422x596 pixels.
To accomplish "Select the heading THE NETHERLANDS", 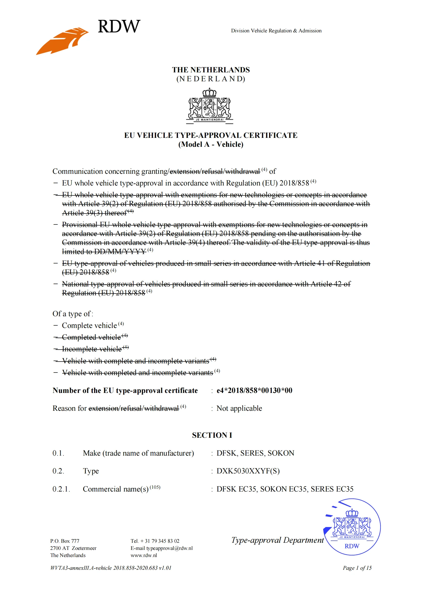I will point(211,70).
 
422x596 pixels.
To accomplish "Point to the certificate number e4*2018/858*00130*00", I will point(254,390).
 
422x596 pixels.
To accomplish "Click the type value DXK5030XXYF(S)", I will point(248,471).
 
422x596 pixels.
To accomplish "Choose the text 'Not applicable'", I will point(239,408).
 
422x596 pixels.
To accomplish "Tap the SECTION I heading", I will point(212,435).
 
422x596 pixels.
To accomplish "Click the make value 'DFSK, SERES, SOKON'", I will point(255,453).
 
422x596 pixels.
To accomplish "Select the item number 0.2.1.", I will point(61,489).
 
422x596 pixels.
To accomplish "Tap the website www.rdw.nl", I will point(144,555).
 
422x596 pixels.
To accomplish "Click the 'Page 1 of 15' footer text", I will point(357,568).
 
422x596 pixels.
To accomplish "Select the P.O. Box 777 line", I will point(65,541).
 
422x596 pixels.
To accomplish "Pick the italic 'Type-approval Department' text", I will point(277,540).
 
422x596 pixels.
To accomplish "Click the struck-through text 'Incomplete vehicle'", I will point(92,349).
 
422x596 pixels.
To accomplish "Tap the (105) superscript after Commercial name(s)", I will point(155,487).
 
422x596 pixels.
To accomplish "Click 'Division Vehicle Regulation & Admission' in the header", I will point(276,31).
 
